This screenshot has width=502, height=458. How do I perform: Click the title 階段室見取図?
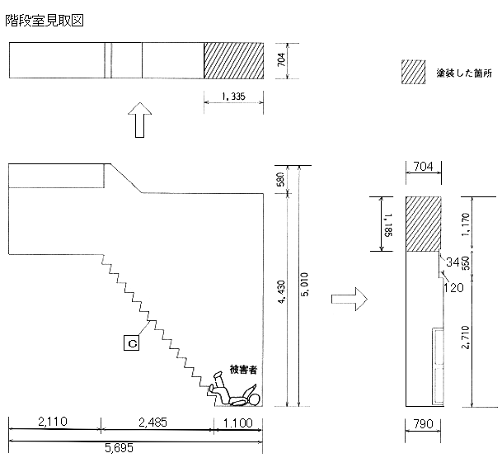(45, 21)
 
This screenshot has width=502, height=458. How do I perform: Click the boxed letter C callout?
(132, 342)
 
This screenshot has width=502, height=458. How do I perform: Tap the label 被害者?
(243, 370)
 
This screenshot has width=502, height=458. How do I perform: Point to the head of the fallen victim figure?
(256, 399)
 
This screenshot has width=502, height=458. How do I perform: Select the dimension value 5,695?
(119, 448)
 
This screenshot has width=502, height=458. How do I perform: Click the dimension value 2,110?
(53, 422)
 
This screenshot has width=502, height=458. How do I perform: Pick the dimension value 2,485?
(152, 423)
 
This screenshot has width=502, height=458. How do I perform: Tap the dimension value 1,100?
(238, 423)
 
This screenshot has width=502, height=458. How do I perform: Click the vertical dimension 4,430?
(281, 292)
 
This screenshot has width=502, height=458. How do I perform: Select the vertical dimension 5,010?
(305, 284)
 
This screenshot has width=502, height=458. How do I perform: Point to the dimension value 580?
(280, 179)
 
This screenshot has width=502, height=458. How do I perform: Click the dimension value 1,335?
(234, 97)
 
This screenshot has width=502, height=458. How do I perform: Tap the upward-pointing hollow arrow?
(139, 120)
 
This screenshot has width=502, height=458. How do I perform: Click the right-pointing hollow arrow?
(350, 299)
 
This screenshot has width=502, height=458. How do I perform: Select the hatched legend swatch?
(413, 72)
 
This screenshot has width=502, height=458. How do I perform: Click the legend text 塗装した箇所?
(464, 73)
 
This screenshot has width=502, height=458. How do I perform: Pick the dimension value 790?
(423, 424)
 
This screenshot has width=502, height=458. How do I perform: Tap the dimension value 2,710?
(466, 338)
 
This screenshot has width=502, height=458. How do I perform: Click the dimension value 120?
(453, 287)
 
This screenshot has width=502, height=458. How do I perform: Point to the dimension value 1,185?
(389, 225)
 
